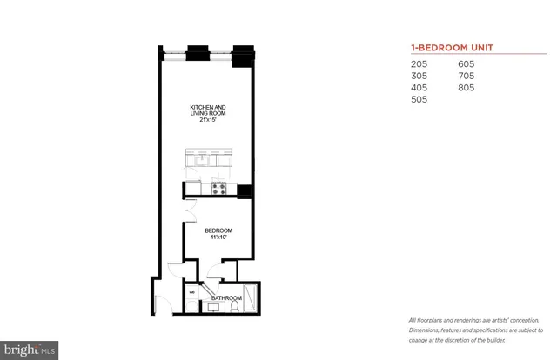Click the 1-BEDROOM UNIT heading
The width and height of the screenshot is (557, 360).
(449, 48)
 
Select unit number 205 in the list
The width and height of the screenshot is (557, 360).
(419, 63)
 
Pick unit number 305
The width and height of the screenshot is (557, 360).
(419, 76)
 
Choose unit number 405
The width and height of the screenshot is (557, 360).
(419, 88)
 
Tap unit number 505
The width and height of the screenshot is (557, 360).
(419, 100)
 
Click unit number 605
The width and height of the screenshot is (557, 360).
(467, 63)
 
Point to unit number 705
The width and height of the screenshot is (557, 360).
(467, 76)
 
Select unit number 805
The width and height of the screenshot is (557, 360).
(467, 88)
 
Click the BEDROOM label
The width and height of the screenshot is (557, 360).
(216, 231)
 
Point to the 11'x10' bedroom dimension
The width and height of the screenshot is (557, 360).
(216, 237)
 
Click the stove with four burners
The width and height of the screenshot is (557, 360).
(219, 187)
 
